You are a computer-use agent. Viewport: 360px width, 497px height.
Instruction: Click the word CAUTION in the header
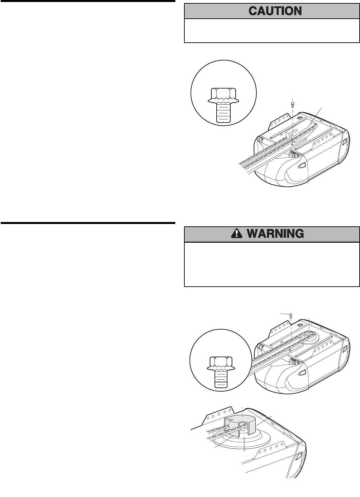(x=275, y=11)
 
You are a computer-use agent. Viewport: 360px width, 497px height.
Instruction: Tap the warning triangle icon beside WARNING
(x=236, y=233)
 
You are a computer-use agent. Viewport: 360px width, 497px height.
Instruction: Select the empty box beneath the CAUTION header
(x=272, y=31)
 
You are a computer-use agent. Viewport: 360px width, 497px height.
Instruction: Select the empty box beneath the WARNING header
(x=272, y=264)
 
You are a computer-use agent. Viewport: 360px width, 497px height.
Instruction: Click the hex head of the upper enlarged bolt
(x=224, y=93)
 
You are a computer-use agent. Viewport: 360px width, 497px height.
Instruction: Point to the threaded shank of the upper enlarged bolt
(x=224, y=113)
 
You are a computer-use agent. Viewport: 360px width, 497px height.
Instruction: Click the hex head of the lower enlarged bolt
(x=220, y=361)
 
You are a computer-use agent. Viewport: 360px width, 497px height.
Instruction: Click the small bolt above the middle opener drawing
(x=291, y=315)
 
